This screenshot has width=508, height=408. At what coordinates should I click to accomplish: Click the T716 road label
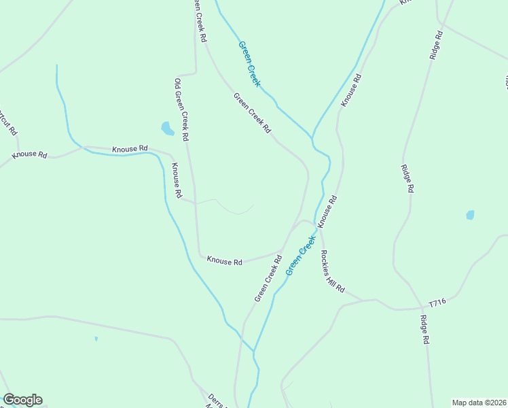tap(437, 303)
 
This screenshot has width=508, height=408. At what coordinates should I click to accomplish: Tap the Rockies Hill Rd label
tap(333, 271)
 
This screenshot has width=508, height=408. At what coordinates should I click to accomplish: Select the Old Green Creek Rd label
tap(181, 109)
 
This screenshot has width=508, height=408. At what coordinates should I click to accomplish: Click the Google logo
tap(22, 400)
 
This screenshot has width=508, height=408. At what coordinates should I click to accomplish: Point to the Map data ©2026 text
tap(479, 403)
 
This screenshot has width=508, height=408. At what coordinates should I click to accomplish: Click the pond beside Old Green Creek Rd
tap(166, 128)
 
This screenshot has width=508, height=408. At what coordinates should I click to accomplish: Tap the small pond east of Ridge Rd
tap(470, 215)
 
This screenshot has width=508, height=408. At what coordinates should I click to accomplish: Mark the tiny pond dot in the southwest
tap(96, 338)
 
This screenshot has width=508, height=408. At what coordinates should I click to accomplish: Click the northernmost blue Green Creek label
tap(249, 64)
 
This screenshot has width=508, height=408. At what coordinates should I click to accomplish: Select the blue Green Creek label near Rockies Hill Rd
tap(301, 255)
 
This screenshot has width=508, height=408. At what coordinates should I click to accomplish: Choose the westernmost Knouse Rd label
tap(30, 155)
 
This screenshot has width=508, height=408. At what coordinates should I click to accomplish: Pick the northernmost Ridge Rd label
tap(436, 45)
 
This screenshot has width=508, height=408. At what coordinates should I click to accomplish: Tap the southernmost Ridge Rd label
tap(425, 330)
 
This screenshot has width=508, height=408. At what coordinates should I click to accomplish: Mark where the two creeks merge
tap(254, 352)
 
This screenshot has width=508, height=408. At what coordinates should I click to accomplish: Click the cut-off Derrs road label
tap(213, 401)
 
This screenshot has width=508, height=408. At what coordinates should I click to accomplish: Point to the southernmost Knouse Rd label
tap(225, 260)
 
